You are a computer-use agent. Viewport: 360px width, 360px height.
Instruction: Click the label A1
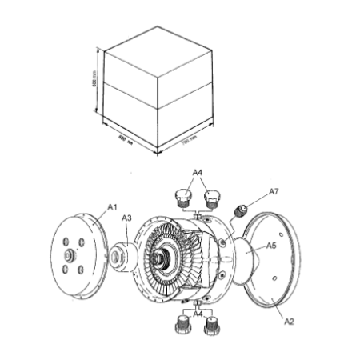pyautogui.click(x=112, y=207)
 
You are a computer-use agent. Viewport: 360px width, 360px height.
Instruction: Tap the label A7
pyautogui.click(x=273, y=192)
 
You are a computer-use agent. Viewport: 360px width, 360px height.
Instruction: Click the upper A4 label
pyautogui.click(x=198, y=172)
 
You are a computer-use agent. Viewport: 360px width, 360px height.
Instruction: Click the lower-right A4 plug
pyautogui.click(x=211, y=326)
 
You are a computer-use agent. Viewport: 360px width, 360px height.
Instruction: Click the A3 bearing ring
pyautogui.click(x=122, y=256)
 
